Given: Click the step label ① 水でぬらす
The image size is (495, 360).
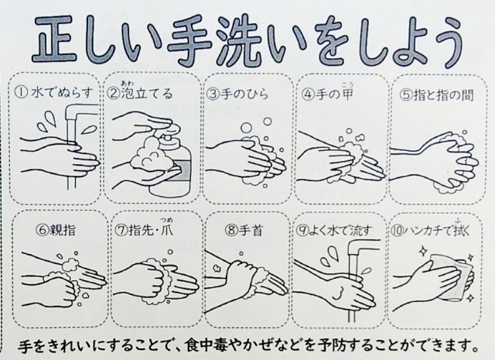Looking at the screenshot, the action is pos(54,93).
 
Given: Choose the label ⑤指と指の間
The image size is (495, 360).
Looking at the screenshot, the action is pos(437,94).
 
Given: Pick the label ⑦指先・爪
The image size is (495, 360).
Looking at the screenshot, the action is pos(144,228).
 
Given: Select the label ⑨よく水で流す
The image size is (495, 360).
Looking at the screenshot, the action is pos(334,231).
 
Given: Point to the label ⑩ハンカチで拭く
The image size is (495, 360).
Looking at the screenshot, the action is pos(430,229).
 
